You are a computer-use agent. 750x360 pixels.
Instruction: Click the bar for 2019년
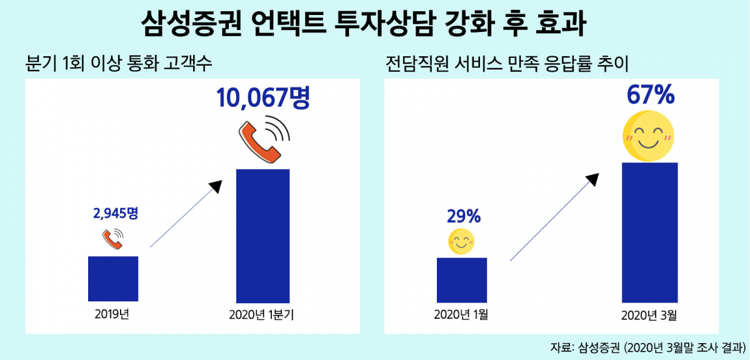113,279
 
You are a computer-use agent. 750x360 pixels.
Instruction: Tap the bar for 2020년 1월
461,280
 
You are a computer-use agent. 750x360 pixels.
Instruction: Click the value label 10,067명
263,99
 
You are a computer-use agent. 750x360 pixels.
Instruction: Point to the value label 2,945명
115,213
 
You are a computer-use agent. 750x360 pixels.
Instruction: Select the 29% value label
463,217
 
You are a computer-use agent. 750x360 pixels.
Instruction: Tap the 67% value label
650,96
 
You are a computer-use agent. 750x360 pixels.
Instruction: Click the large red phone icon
262,141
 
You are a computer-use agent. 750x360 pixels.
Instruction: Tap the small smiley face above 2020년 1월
461,242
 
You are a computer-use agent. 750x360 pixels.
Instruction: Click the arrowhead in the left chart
215,186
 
